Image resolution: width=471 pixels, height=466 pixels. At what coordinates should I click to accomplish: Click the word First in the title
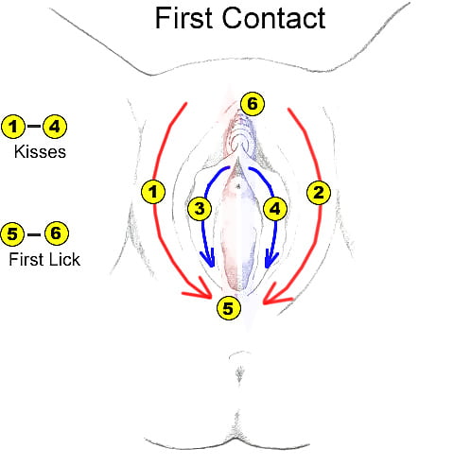click(x=186, y=18)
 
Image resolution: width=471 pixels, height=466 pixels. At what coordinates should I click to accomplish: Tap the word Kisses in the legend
click(x=40, y=150)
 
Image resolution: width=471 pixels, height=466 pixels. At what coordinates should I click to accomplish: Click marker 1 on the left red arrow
click(x=151, y=192)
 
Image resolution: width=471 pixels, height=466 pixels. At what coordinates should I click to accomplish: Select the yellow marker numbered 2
click(x=318, y=192)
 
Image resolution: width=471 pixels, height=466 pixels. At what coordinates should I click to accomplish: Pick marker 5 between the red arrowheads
click(x=228, y=307)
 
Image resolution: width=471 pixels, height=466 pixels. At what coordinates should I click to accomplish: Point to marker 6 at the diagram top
click(x=250, y=101)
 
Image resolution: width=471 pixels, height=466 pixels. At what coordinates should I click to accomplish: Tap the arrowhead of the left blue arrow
click(x=212, y=261)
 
